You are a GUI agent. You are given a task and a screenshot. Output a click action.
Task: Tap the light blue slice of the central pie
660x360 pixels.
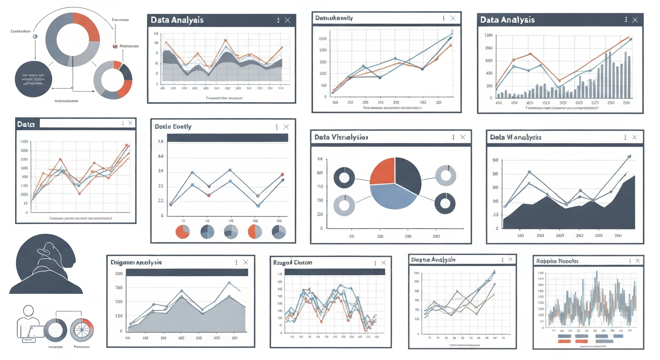pyautogui.click(x=392, y=197)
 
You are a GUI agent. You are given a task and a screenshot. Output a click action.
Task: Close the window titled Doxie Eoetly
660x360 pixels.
pyautogui.click(x=286, y=127)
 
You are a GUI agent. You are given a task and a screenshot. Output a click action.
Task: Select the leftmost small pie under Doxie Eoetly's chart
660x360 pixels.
pyautogui.click(x=182, y=232)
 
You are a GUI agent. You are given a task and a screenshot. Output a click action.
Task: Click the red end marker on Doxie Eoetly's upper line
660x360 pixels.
pyautogui.click(x=282, y=174)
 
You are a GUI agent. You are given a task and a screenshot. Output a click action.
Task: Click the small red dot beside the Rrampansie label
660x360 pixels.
pyautogui.click(x=114, y=46)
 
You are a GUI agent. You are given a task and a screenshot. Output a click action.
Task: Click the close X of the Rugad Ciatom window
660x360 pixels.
pyautogui.click(x=384, y=262)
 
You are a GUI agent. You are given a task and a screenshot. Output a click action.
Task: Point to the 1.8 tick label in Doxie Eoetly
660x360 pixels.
pyautogui.click(x=161, y=141)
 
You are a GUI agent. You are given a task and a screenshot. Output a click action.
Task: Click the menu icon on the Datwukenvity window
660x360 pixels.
pyautogui.click(x=442, y=18)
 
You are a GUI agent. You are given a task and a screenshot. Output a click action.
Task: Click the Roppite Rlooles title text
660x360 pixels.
pyautogui.click(x=557, y=261)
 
